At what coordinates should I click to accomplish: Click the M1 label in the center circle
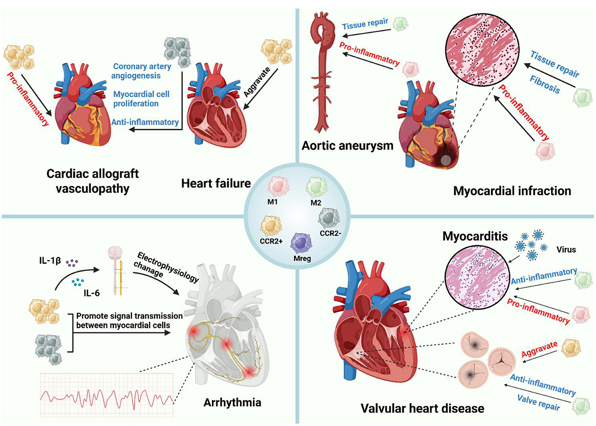[272, 202]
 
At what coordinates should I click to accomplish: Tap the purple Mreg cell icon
[301, 244]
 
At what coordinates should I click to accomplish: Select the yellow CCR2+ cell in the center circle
[271, 226]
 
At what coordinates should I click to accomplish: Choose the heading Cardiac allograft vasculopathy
[93, 180]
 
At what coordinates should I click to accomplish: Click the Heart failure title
[216, 183]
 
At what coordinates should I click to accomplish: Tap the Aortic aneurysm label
[347, 145]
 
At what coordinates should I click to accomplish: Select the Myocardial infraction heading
[512, 191]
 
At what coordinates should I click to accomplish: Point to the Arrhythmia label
[232, 402]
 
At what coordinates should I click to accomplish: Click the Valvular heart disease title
[422, 408]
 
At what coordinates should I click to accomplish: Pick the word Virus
[566, 249]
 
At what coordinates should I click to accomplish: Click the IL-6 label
[91, 293]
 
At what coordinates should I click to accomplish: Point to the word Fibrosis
[545, 85]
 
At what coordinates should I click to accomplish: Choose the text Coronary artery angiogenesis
[142, 71]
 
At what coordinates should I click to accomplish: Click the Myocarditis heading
[475, 236]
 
